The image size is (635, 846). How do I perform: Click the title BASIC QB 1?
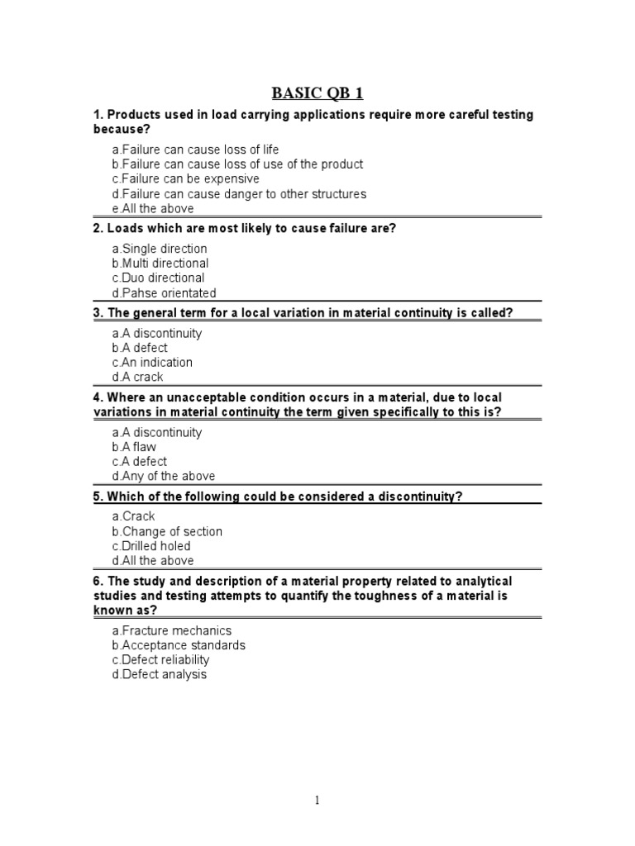click(x=317, y=92)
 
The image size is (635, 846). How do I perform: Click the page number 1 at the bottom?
click(x=317, y=800)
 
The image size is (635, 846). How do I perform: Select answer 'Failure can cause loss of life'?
click(x=196, y=150)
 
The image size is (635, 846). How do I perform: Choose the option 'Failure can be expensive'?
click(x=186, y=178)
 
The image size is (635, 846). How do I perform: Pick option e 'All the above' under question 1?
click(x=153, y=208)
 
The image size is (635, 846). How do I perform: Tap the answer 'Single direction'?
click(x=160, y=249)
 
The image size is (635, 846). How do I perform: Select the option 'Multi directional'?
click(x=160, y=264)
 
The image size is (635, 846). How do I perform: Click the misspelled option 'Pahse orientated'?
click(x=164, y=292)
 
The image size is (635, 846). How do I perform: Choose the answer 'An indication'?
click(x=152, y=362)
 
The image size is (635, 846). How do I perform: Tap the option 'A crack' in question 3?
click(x=138, y=377)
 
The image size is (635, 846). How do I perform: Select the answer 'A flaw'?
click(x=134, y=447)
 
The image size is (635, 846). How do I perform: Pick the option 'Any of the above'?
click(x=164, y=476)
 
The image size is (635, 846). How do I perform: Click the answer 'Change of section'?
click(x=167, y=531)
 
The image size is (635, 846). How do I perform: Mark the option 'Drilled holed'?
click(x=151, y=546)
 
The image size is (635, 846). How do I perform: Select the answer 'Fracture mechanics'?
click(x=173, y=630)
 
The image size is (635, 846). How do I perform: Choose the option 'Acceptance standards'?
click(x=179, y=645)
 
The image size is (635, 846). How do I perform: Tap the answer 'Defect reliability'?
click(x=161, y=659)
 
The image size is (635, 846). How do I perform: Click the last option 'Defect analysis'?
click(x=160, y=674)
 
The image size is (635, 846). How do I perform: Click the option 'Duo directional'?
click(x=158, y=278)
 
